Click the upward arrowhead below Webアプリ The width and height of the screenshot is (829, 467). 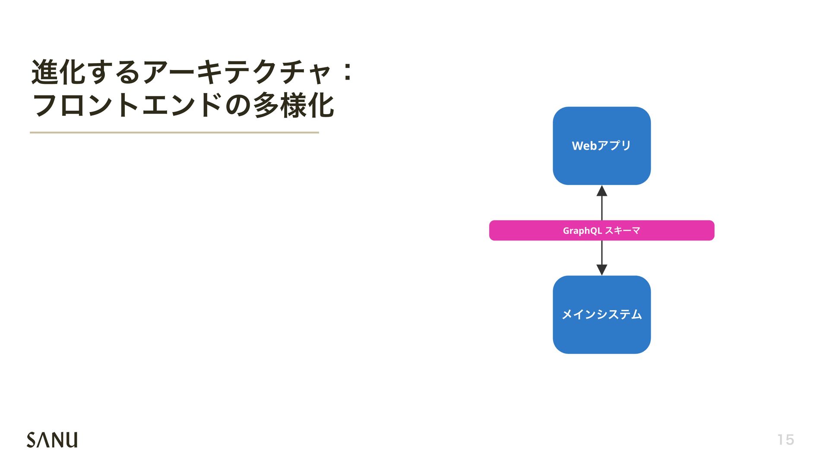click(601, 191)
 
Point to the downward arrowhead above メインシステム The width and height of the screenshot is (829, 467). click(601, 269)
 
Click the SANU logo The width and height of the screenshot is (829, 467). click(52, 440)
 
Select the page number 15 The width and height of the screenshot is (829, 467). click(785, 440)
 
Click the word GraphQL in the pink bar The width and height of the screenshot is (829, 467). click(582, 231)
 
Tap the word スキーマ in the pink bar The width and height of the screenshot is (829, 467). click(622, 230)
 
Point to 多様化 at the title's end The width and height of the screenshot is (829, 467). click(293, 106)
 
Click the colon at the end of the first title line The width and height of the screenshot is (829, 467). click(347, 72)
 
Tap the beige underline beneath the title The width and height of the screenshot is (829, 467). click(174, 132)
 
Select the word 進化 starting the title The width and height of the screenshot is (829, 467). click(59, 72)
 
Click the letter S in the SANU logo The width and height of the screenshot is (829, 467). click(32, 440)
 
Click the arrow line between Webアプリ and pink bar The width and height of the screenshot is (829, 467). click(601, 208)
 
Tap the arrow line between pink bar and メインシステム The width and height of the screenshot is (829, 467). click(601, 252)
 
